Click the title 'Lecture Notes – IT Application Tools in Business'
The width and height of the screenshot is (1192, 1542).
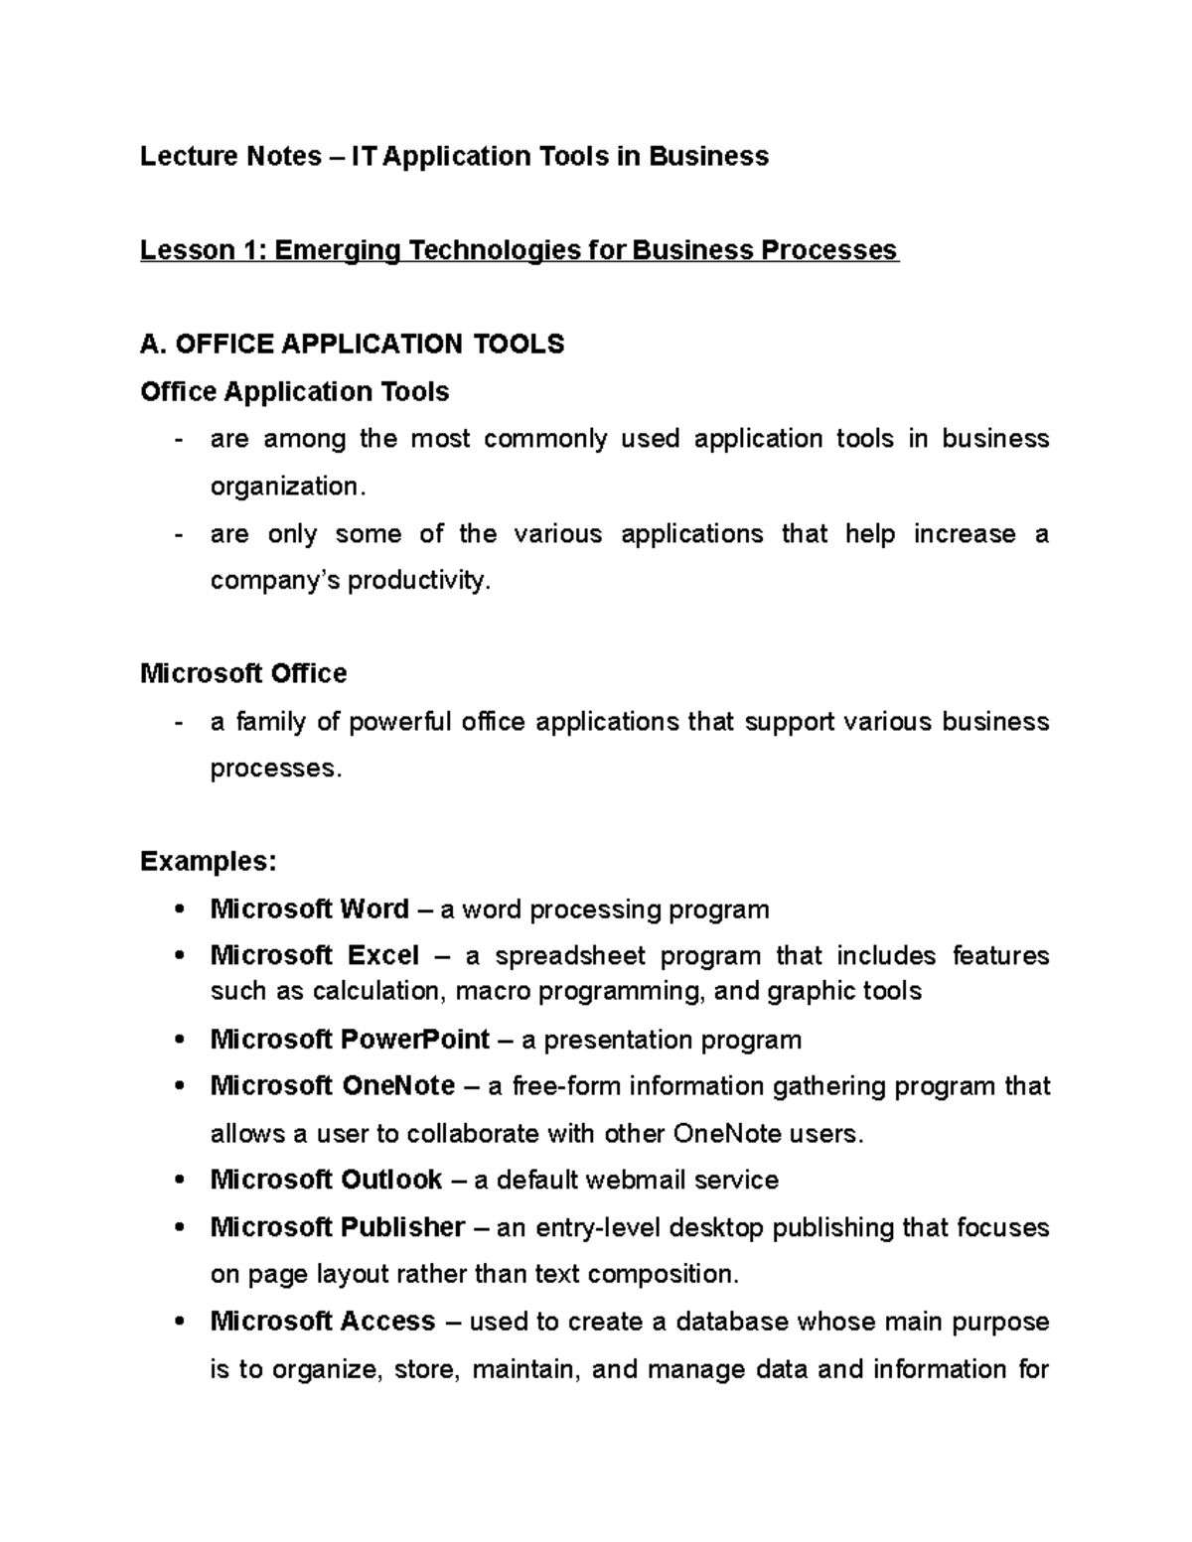(454, 156)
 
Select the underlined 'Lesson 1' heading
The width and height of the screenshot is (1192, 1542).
(519, 249)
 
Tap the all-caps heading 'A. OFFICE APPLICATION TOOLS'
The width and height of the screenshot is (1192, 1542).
(353, 344)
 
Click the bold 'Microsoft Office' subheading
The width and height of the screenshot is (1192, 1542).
(243, 673)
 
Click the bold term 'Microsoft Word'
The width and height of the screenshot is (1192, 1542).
(310, 909)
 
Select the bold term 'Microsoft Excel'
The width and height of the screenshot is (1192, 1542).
(315, 955)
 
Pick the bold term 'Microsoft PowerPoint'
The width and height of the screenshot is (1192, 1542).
(350, 1040)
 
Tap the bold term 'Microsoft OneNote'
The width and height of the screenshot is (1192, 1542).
(333, 1086)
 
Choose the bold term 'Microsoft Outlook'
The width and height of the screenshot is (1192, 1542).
(326, 1180)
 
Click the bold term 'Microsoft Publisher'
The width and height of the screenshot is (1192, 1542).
(338, 1227)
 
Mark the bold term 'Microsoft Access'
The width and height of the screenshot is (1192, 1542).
(323, 1322)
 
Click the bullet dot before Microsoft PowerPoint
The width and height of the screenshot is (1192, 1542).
(179, 1041)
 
